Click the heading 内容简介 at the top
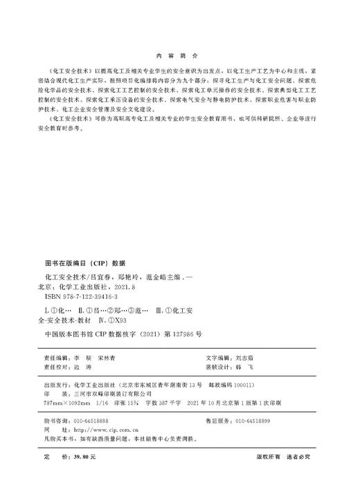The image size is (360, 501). tap(179, 53)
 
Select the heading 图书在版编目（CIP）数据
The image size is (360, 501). tap(85, 263)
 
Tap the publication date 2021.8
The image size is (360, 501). tap(120, 285)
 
